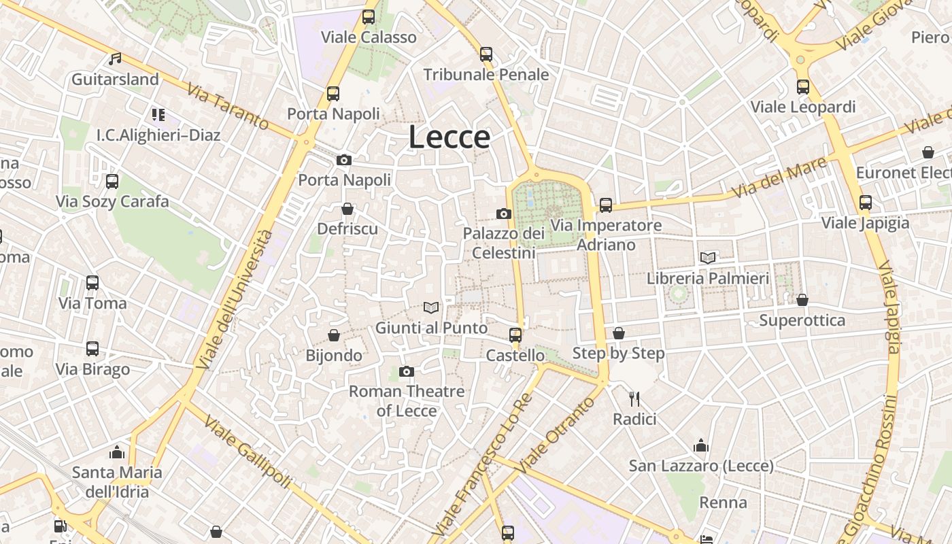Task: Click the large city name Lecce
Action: click(449, 137)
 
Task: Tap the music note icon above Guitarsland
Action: click(116, 59)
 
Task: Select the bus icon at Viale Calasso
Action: click(369, 17)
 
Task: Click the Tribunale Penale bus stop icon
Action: click(486, 54)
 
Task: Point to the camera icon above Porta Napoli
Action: click(344, 160)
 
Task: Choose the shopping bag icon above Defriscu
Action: click(347, 209)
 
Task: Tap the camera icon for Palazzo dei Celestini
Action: click(504, 214)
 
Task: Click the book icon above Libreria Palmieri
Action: click(708, 258)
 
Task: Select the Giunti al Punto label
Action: click(432, 328)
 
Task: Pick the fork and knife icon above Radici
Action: click(634, 398)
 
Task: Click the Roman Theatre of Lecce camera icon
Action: click(407, 371)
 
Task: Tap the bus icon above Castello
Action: click(515, 335)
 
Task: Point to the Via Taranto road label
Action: click(228, 107)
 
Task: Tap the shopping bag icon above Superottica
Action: click(802, 300)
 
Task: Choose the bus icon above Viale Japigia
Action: click(865, 203)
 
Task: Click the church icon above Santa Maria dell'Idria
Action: click(117, 452)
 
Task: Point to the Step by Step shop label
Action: click(619, 353)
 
